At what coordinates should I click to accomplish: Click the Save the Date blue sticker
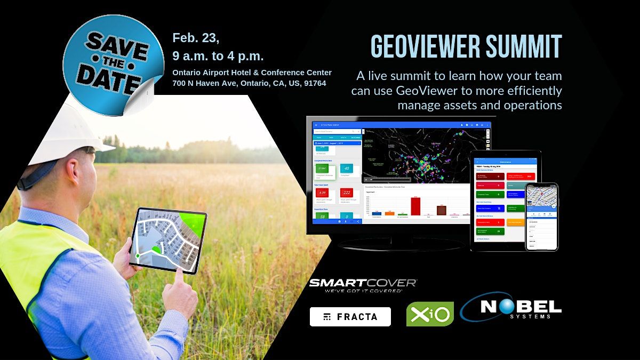tap(112, 61)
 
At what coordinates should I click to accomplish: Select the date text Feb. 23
tap(196, 38)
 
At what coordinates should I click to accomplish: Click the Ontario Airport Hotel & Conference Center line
tap(252, 73)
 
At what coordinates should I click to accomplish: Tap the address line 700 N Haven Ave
tap(249, 83)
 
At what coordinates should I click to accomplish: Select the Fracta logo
tap(350, 317)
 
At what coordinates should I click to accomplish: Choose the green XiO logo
tap(430, 314)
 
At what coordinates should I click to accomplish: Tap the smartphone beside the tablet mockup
tap(541, 217)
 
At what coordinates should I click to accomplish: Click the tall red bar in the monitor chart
tap(415, 206)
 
